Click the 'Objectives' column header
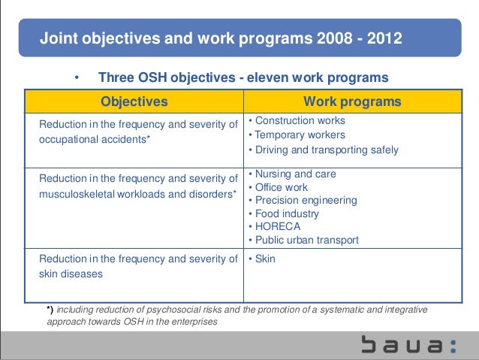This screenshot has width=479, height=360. click(x=134, y=101)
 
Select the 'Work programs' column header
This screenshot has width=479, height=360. click(x=352, y=101)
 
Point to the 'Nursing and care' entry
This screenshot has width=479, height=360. click(x=295, y=174)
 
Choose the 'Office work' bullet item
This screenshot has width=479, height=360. click(x=282, y=187)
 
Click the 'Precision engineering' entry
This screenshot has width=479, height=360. click(x=306, y=201)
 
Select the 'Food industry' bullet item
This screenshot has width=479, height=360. click(x=287, y=213)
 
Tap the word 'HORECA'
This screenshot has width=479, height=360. click(x=278, y=227)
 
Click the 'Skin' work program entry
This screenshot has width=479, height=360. click(x=265, y=259)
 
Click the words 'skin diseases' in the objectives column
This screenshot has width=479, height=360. click(x=71, y=274)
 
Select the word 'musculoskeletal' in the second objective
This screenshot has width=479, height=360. click(x=77, y=195)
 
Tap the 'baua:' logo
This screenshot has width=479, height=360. click(x=408, y=345)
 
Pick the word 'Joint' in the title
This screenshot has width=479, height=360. click(x=56, y=37)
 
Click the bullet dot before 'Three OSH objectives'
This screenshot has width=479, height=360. click(x=75, y=78)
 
